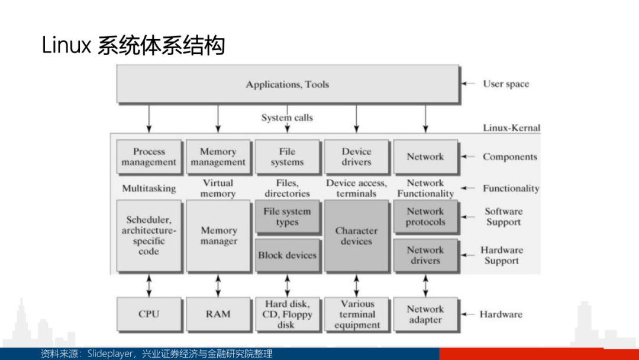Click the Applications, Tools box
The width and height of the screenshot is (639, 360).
(288, 84)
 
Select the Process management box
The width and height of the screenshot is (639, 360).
(149, 157)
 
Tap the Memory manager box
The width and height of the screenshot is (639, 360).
(218, 236)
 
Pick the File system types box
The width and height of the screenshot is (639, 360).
(288, 217)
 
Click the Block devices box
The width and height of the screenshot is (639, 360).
(288, 255)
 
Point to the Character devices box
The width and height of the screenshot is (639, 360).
(357, 236)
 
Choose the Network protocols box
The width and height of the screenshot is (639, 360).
(425, 217)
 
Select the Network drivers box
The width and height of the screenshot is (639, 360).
(425, 255)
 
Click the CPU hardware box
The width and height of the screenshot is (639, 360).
(149, 314)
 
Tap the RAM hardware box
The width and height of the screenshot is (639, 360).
(218, 314)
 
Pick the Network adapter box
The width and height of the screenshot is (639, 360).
(425, 314)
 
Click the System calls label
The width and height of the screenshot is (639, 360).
(288, 117)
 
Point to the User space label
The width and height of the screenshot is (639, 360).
(506, 84)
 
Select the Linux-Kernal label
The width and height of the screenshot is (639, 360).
(511, 128)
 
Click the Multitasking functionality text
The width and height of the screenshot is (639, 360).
(149, 188)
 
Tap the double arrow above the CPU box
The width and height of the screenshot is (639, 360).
(149, 285)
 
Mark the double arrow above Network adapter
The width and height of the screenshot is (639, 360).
(425, 285)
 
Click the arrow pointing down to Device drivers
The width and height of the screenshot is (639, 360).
(357, 118)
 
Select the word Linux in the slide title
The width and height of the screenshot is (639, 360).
(66, 44)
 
